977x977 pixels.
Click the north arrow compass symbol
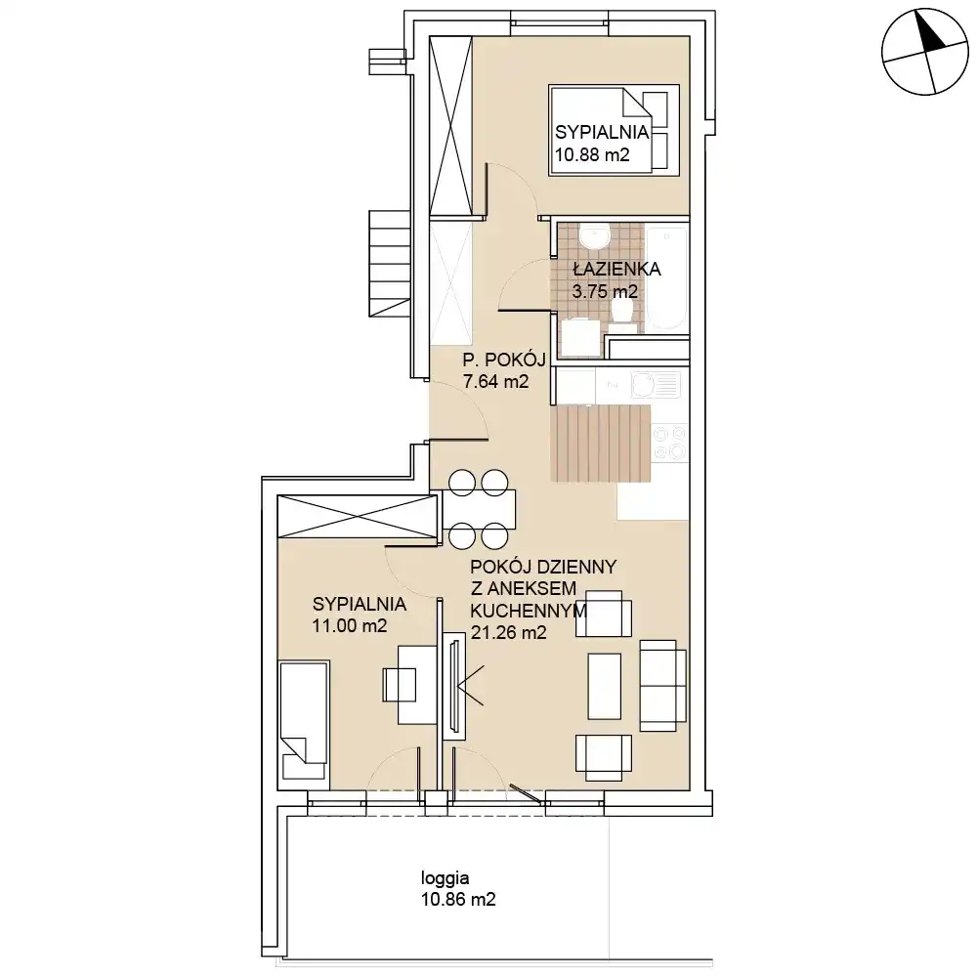925,52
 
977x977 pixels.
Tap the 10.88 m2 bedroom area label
592,154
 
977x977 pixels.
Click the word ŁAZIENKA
616,270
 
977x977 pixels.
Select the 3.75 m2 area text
605,291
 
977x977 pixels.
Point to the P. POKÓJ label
504,360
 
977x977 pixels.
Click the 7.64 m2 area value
496,381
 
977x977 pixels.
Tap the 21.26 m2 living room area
508,633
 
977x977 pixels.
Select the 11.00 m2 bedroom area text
350,625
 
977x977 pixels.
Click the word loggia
445,878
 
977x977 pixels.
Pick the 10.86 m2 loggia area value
458,900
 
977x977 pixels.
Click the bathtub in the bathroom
666,276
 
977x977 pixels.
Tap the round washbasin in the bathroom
594,236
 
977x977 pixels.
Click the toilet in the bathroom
622,311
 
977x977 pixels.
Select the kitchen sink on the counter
655,385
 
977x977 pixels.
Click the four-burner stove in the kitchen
670,443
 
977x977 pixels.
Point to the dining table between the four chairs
479,509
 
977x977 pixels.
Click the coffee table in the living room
605,686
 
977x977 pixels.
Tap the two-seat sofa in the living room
663,686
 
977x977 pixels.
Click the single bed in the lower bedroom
304,721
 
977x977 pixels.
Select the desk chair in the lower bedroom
400,685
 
